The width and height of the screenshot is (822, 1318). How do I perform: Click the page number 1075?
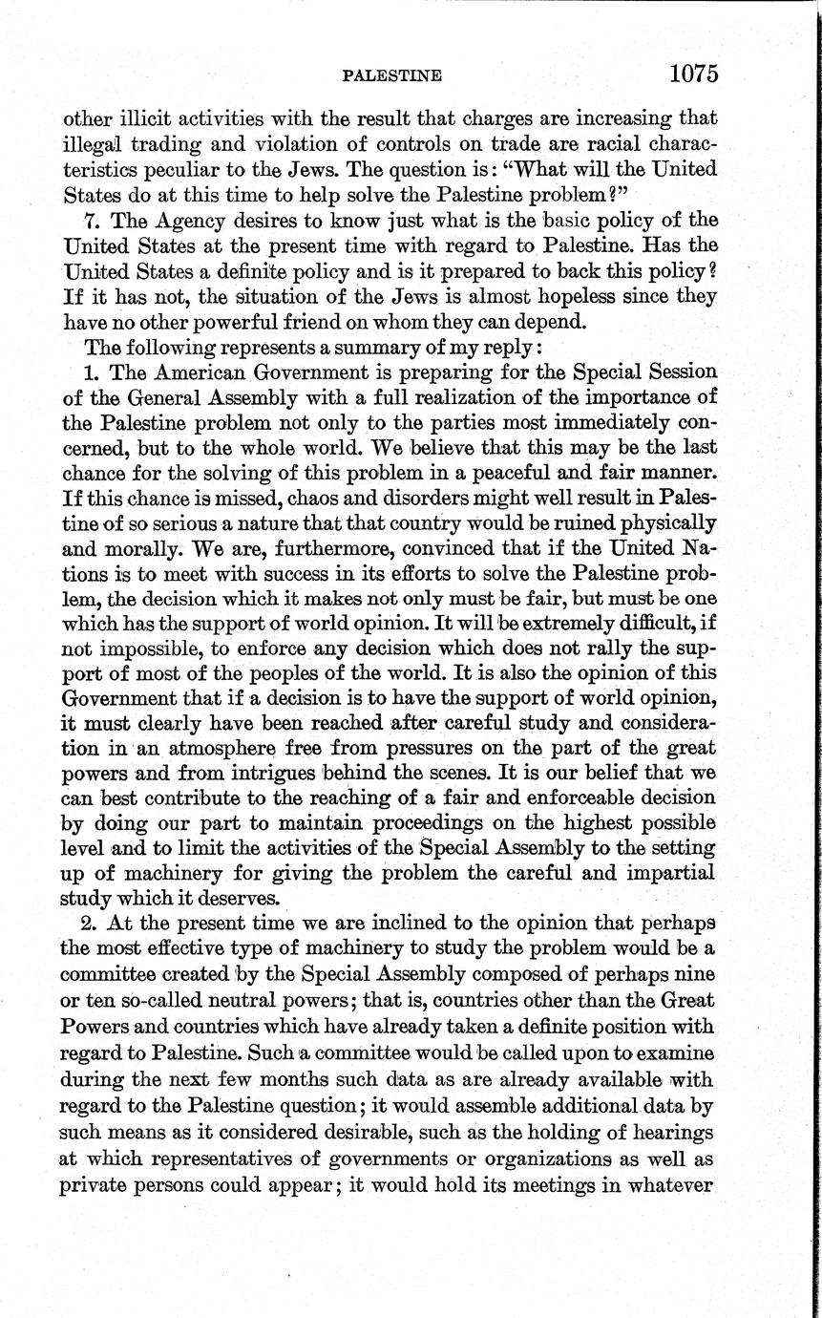[x=693, y=74]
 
